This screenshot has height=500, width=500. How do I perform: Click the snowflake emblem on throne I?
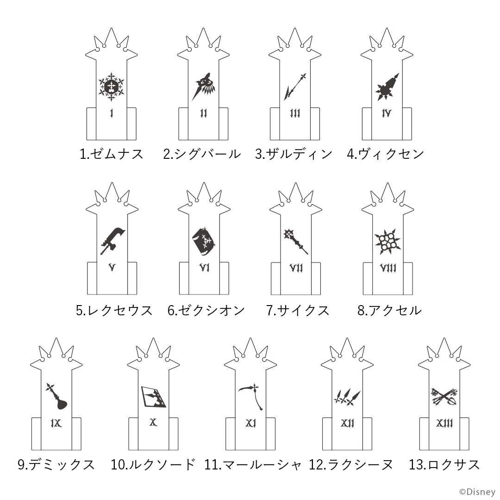point(111,87)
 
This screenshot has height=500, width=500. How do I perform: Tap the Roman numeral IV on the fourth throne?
point(387,113)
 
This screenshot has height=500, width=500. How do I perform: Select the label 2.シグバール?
point(202,154)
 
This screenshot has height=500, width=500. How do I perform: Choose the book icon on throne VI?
point(205,242)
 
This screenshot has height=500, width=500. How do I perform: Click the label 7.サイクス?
point(298,310)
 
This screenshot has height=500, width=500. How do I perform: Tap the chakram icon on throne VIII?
point(388,241)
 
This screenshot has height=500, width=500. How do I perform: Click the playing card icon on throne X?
point(153,397)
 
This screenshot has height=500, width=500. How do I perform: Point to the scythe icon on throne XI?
point(251,396)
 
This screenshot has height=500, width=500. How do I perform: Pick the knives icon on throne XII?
point(347,397)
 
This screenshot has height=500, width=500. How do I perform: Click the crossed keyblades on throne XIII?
point(444,396)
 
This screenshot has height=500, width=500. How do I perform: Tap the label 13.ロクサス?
point(444,465)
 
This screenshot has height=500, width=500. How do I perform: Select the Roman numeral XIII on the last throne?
point(444,423)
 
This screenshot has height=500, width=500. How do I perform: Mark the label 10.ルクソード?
point(153,465)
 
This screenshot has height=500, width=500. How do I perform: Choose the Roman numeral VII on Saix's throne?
point(296,268)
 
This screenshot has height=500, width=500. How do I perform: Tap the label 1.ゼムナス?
point(112,154)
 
